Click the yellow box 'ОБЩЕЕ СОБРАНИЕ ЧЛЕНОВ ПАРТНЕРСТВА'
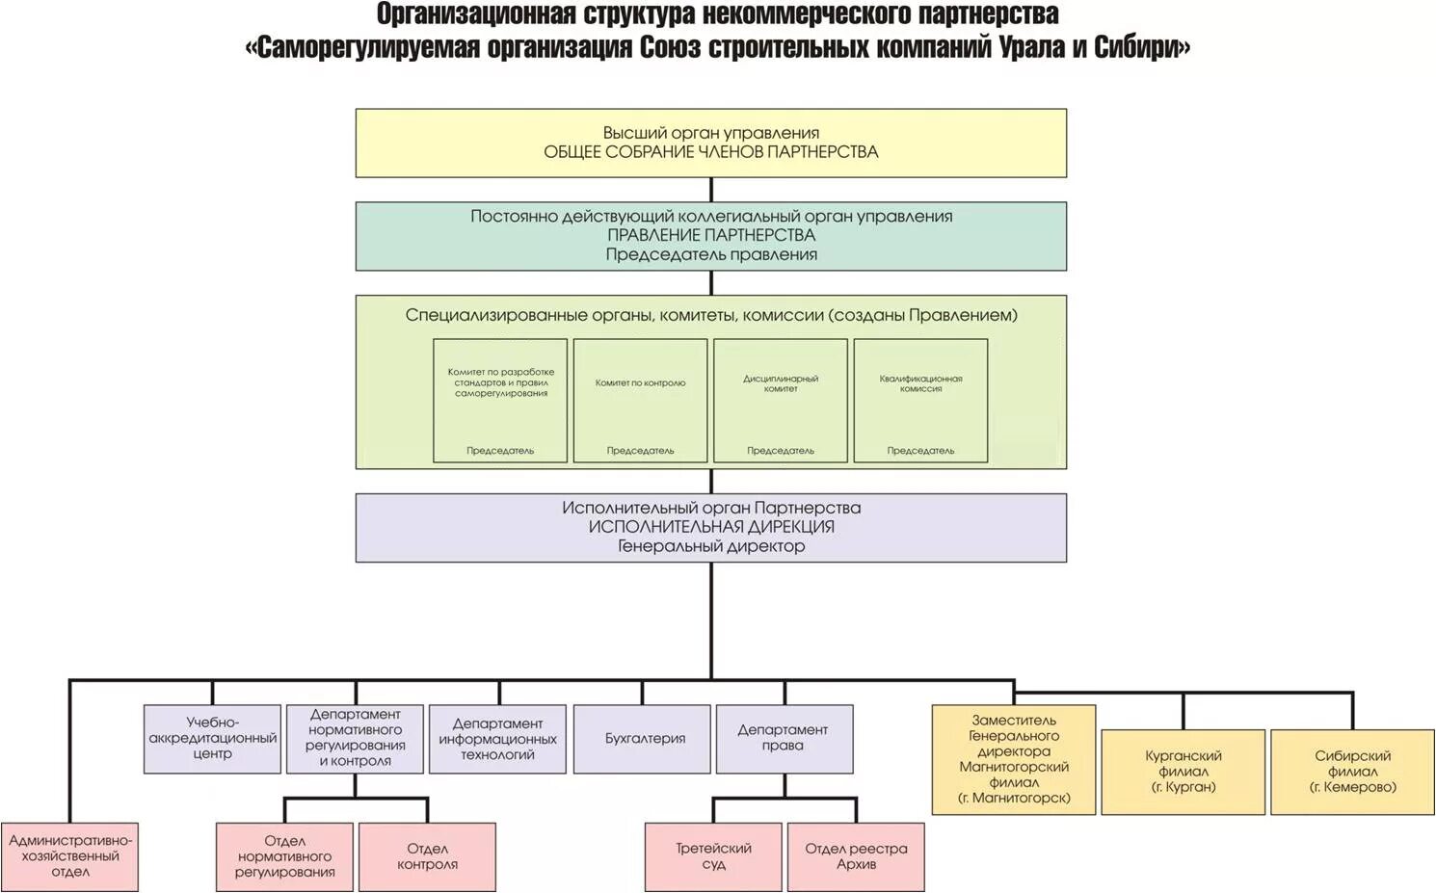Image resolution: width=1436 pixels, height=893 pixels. click(710, 143)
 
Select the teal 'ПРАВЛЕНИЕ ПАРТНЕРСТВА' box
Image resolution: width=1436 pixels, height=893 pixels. click(710, 236)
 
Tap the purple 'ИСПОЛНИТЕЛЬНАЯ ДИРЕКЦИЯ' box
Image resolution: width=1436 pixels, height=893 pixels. click(710, 528)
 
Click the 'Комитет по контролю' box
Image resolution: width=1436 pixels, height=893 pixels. click(640, 400)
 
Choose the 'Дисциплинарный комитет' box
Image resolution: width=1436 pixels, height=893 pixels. click(781, 400)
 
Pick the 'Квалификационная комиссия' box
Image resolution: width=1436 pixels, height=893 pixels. click(920, 400)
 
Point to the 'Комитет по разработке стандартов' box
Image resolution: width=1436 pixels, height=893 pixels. click(500, 400)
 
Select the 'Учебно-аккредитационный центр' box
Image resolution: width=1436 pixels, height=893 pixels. click(212, 739)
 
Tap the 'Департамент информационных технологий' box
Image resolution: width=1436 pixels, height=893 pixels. click(497, 739)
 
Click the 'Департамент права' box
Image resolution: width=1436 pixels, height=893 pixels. click(784, 739)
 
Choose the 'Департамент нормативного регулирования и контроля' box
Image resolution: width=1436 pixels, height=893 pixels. click(355, 739)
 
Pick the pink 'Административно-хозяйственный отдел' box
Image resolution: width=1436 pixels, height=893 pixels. click(69, 856)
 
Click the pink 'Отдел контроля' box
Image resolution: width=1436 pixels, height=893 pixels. click(427, 856)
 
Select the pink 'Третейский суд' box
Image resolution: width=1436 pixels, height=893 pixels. click(713, 856)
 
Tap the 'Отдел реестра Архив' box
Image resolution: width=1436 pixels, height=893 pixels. click(856, 856)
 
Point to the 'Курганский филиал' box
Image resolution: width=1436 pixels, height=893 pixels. click(1183, 772)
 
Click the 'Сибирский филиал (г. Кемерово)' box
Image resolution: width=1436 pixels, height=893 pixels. click(1352, 772)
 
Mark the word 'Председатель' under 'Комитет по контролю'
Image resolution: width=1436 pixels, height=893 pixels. click(640, 451)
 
